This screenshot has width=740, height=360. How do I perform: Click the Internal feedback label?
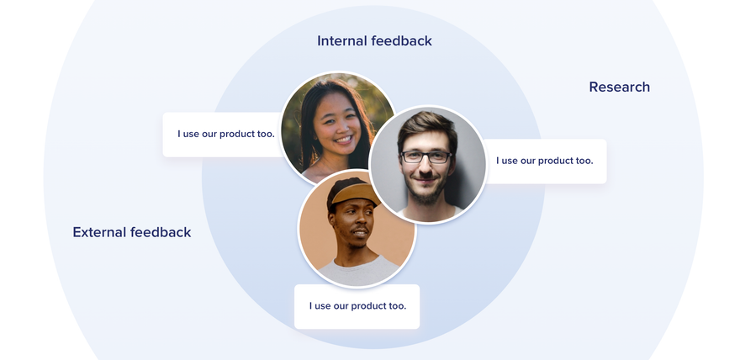tap(374, 41)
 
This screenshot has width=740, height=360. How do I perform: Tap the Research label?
tap(619, 87)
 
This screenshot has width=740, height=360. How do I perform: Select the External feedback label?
tap(132, 232)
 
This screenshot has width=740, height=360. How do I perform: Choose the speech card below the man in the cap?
tap(357, 307)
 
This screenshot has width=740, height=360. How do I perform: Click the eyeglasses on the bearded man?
tap(425, 157)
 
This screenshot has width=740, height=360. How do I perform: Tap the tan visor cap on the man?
tap(355, 193)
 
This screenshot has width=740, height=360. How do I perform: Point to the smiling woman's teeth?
tap(344, 140)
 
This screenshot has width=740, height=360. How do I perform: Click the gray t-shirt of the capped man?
tap(359, 272)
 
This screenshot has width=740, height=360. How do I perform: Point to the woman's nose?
tap(337, 126)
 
